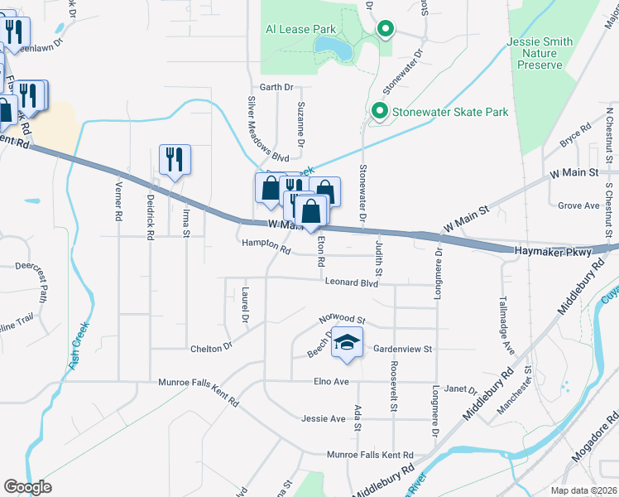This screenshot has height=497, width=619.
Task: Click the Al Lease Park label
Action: coord(300,29)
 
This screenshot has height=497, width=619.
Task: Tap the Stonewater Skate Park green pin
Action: coord(380,110)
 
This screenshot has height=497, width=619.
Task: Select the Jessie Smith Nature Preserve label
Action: coord(547,53)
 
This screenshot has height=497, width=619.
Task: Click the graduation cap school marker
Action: coord(348,342)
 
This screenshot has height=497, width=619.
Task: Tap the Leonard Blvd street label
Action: coord(351,283)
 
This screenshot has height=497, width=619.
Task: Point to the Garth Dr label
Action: coord(276,87)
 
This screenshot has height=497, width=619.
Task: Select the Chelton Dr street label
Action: coord(211,349)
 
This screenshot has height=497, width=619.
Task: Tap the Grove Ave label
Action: coord(578,205)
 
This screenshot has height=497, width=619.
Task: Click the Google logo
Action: coord(27,487)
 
